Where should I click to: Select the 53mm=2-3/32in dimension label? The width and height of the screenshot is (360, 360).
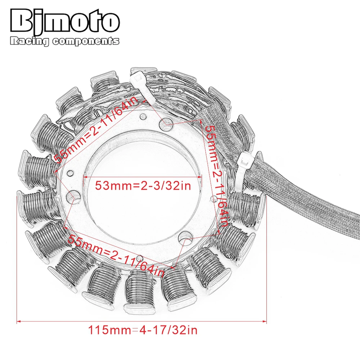click(142, 186)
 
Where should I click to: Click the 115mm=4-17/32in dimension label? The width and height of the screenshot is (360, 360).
click(143, 330)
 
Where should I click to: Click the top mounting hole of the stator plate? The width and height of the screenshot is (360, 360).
click(167, 123)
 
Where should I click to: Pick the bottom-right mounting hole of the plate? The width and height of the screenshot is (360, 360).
click(186, 237)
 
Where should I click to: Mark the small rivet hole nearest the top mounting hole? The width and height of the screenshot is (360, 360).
click(143, 116)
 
